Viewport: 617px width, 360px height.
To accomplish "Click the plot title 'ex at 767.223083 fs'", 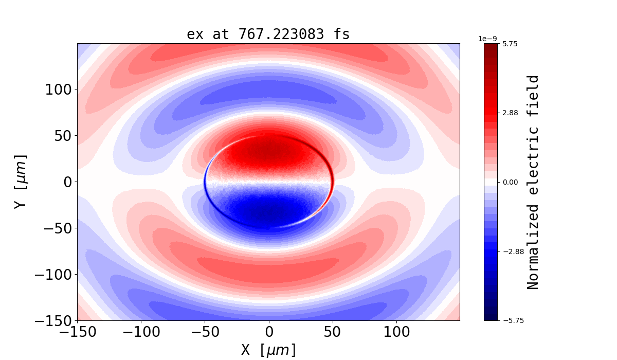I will tap(268, 34).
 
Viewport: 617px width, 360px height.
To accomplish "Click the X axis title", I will tap(268, 350).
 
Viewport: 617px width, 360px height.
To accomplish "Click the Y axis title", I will tap(21, 182).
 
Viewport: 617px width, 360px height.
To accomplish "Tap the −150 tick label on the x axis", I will tap(77, 332).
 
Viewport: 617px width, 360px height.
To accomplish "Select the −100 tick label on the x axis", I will tap(141, 332).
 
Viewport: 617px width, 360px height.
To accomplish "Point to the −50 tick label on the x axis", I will tap(205, 332).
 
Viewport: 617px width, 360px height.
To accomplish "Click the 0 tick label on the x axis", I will tap(268, 332).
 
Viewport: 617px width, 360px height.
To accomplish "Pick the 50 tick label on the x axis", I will tap(333, 332).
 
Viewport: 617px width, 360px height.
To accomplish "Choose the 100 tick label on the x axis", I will tap(396, 332).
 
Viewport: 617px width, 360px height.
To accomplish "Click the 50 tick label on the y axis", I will tap(63, 136).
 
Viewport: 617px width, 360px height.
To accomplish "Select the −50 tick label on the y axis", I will tap(57, 228).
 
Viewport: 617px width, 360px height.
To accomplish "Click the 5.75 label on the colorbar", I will tap(510, 44).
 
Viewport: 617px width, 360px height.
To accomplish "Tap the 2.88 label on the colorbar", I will tap(510, 113).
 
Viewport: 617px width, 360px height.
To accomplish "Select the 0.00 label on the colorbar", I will tap(510, 182).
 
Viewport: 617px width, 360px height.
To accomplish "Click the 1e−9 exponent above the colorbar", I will tap(488, 39).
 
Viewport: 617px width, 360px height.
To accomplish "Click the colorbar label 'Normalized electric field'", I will tap(534, 182).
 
